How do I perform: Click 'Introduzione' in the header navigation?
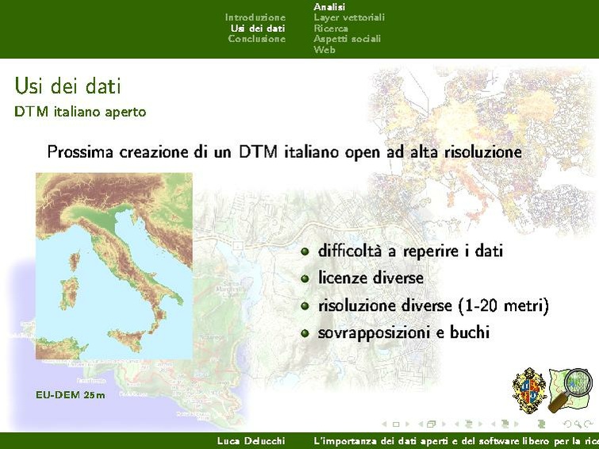tap(255, 17)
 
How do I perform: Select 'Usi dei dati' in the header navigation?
tap(257, 28)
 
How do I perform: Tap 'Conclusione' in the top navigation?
tap(256, 39)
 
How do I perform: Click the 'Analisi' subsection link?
tap(329, 6)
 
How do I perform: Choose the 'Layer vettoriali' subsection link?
tap(348, 17)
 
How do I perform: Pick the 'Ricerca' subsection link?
tap(330, 28)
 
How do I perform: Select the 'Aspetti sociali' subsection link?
tap(347, 39)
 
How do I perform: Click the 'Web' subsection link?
tap(324, 49)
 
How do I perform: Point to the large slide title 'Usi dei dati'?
tap(67, 86)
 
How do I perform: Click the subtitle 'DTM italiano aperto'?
tap(80, 112)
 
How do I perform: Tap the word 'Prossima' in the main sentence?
tap(80, 152)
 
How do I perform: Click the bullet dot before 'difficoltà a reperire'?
tap(305, 251)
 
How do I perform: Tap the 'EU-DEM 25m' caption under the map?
tap(70, 394)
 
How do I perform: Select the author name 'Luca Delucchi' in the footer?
tap(251, 440)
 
